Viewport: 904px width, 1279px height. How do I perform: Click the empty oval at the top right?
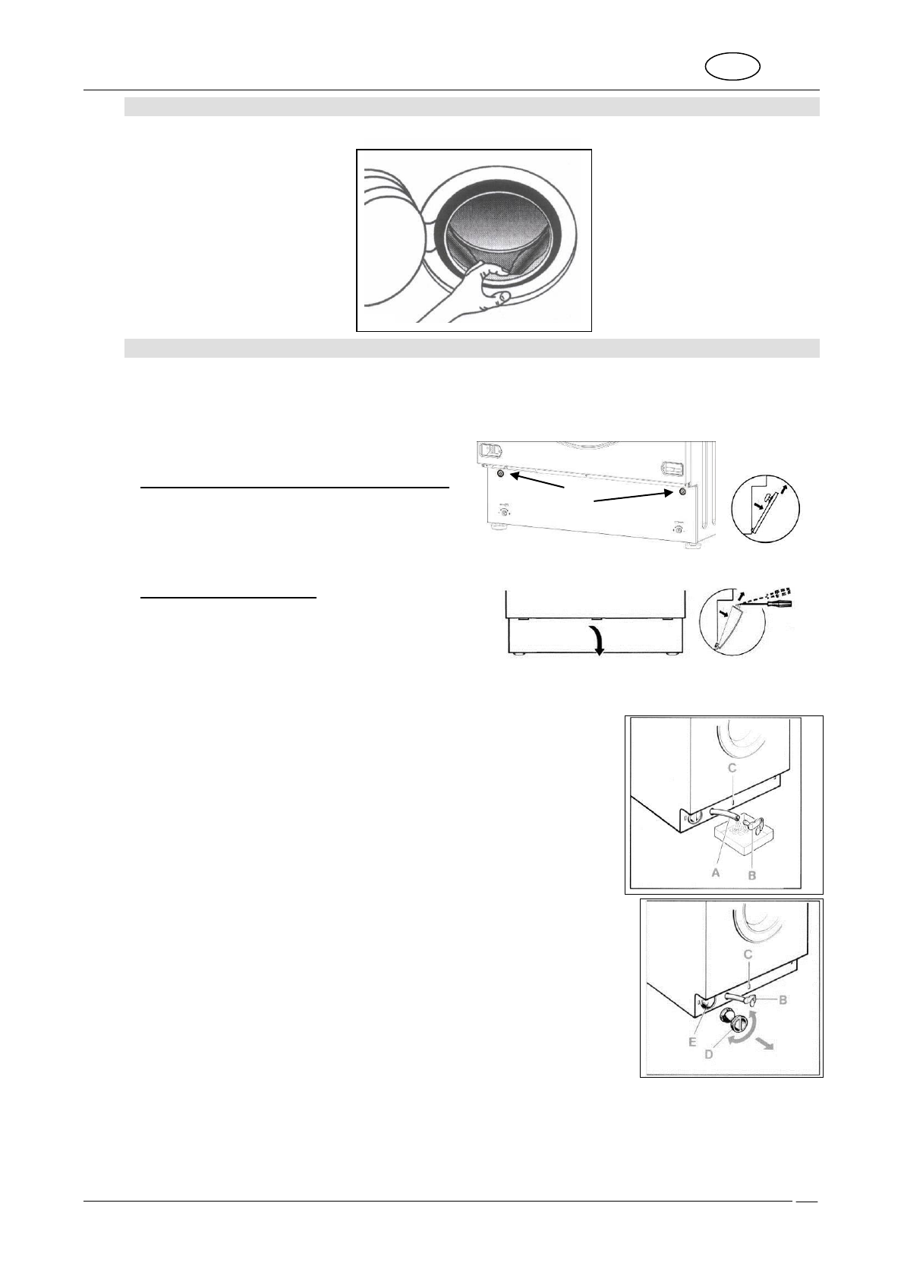[733, 66]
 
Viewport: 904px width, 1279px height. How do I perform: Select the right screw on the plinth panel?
[682, 491]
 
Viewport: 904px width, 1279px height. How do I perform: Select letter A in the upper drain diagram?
[714, 873]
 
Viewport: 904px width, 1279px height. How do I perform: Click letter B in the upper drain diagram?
[752, 875]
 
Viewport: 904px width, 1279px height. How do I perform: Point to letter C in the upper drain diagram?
[732, 769]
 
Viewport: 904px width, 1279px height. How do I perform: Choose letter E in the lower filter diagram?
[692, 1043]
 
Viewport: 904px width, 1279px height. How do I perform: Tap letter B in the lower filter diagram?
[783, 1000]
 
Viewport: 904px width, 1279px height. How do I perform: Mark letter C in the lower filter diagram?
[747, 954]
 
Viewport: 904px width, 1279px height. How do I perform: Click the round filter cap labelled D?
[737, 1027]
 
